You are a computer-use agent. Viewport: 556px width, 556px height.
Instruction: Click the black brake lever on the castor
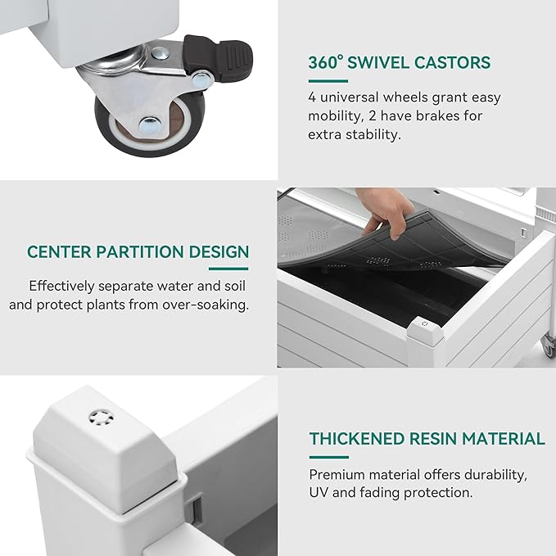coord(218,57)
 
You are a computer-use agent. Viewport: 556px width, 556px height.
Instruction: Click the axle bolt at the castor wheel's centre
coord(149,124)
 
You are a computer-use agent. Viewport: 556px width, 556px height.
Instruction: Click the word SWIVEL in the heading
coord(378,63)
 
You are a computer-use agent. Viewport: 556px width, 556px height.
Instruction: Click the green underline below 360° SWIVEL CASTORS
coord(328,81)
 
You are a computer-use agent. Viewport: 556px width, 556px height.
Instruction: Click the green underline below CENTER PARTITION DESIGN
coord(228,269)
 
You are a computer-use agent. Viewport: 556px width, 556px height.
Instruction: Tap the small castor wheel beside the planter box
coord(548,346)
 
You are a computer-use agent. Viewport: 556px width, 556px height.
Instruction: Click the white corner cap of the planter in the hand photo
coord(425,328)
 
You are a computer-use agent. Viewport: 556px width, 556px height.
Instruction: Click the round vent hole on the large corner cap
coord(102,418)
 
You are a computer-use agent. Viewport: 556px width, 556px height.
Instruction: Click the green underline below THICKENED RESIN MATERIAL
coord(328,457)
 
